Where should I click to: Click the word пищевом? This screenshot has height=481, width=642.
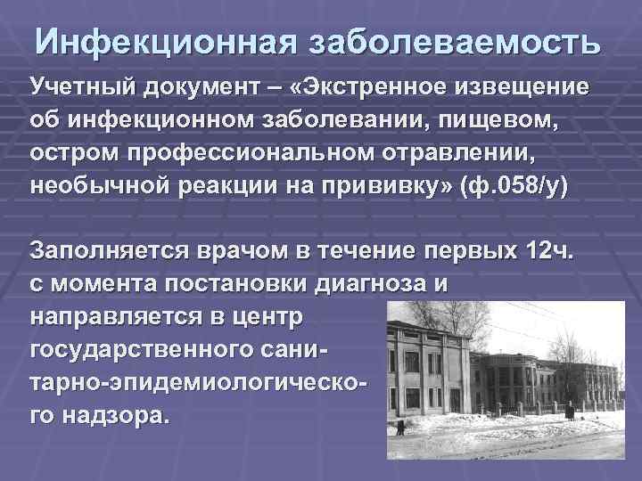point(494,119)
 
